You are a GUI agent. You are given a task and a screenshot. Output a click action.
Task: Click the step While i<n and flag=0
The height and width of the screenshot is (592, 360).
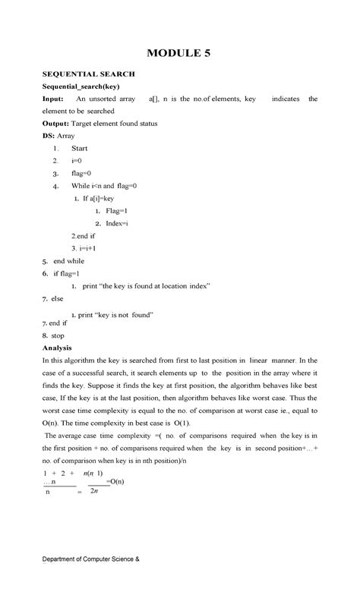[104, 186]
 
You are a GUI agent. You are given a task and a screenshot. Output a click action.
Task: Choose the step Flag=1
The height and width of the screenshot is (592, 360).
[116, 210]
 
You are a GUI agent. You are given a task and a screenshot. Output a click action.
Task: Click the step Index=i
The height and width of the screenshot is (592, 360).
[117, 223]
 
